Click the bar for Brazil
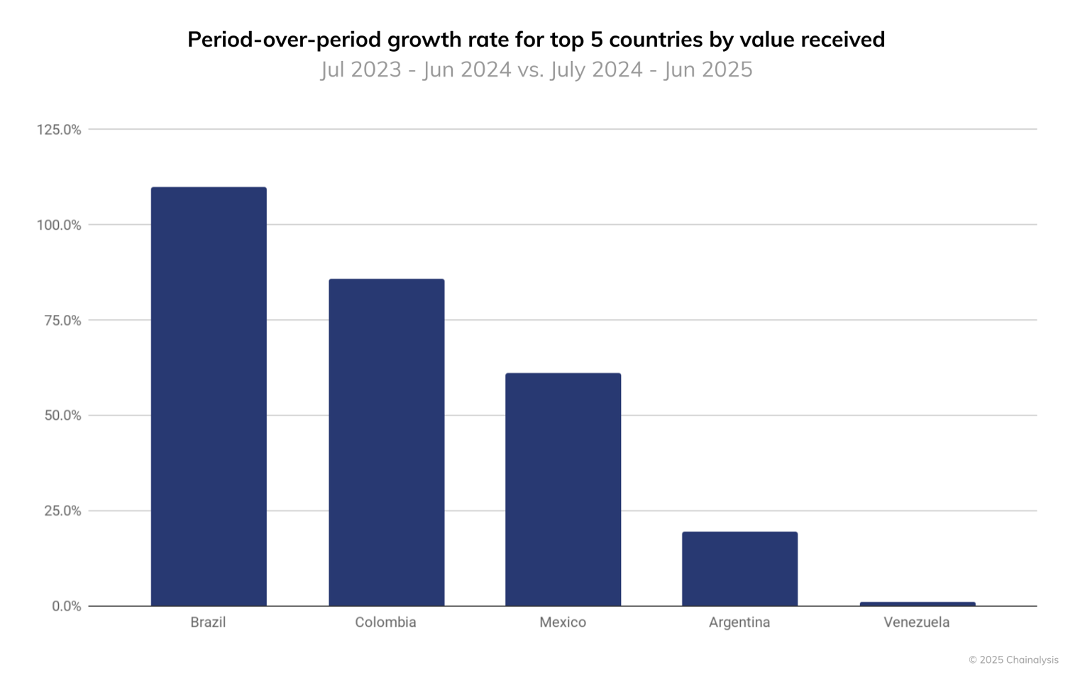(209, 396)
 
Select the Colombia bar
(386, 443)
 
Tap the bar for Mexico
(563, 489)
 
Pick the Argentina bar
(739, 569)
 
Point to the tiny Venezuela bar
(917, 604)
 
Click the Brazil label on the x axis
(208, 623)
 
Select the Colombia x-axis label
(385, 623)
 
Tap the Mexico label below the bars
(563, 623)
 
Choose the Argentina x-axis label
(739, 623)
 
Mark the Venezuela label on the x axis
(916, 623)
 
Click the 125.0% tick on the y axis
(59, 130)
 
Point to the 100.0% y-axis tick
(59, 226)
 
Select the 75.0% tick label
(62, 321)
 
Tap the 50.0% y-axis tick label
(62, 416)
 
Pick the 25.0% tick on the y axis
(62, 511)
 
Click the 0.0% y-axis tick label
(66, 606)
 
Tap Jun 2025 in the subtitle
(707, 69)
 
